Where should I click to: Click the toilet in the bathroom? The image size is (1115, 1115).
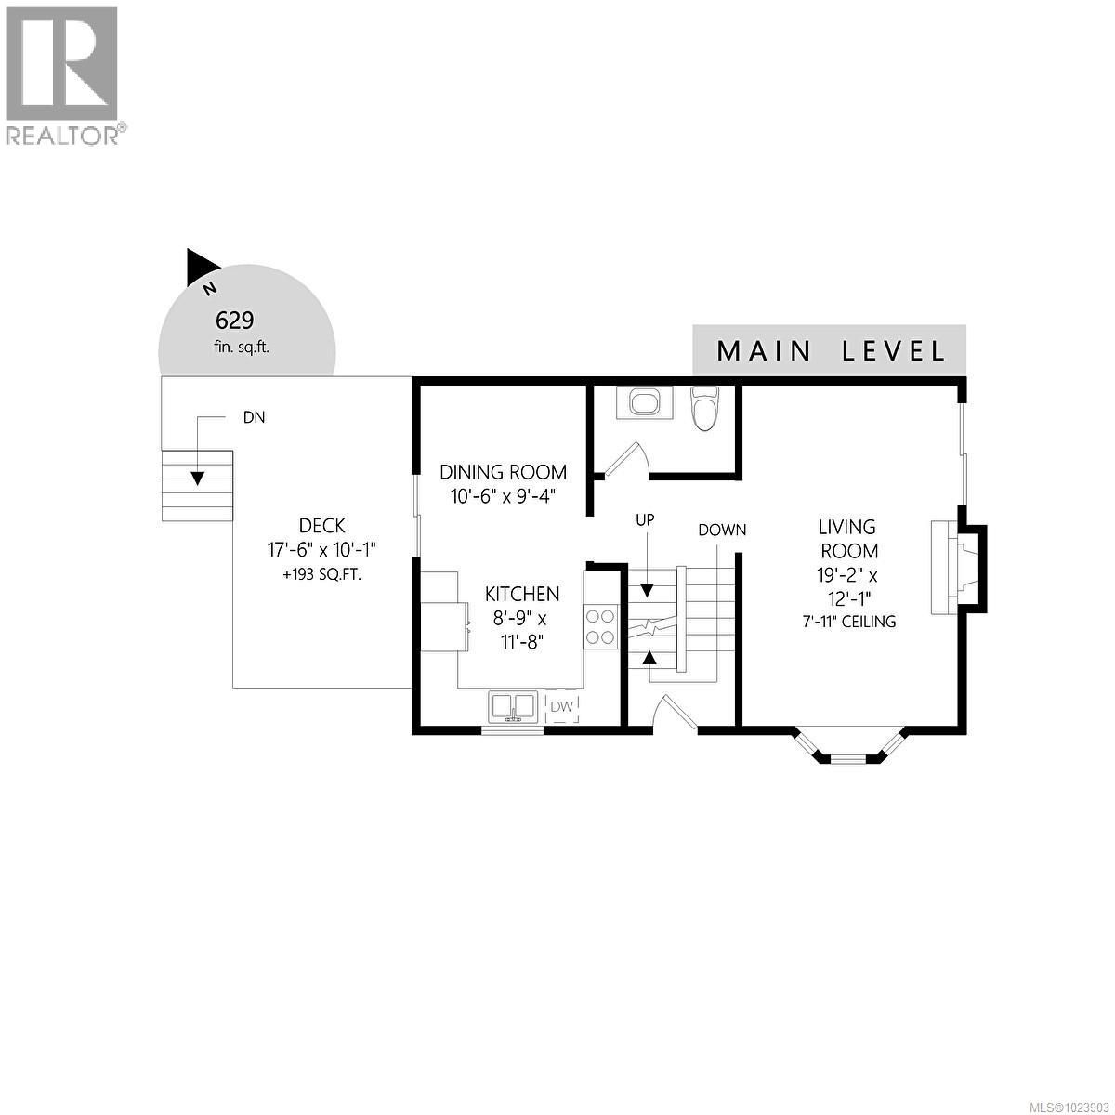[x=706, y=409]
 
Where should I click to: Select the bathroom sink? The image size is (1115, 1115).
[x=644, y=402]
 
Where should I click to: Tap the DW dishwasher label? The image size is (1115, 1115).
[x=562, y=706]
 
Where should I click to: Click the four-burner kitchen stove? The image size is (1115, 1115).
[x=600, y=625]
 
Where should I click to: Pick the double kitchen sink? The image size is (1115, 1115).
[x=512, y=706]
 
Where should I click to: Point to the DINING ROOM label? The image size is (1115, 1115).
[x=503, y=472]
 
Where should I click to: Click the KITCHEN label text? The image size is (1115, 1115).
[x=522, y=594]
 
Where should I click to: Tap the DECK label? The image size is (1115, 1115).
[x=321, y=526]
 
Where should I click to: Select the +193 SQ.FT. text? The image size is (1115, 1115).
[x=321, y=575]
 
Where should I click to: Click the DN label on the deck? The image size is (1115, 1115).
[x=254, y=418]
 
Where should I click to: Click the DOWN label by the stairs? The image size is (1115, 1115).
[x=722, y=531]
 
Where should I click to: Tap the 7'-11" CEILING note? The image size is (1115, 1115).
[x=848, y=622]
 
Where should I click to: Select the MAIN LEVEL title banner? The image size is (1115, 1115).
[x=830, y=351]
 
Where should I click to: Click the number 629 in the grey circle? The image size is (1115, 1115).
[x=234, y=321]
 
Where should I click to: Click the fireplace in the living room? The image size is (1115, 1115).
[x=957, y=567]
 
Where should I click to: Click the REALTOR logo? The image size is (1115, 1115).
[x=63, y=74]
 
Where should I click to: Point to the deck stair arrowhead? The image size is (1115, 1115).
[x=197, y=479]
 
